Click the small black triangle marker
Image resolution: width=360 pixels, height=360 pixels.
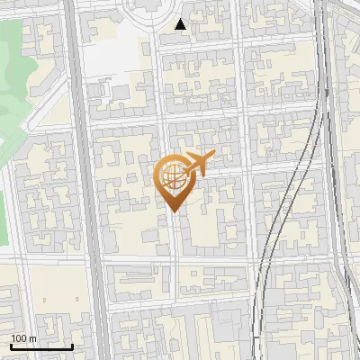pos(181,24)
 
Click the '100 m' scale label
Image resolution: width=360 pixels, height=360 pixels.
pos(23,338)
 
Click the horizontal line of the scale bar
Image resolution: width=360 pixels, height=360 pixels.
pos(41,346)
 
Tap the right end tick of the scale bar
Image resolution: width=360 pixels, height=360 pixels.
pos(72,345)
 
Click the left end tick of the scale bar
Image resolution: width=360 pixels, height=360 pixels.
pos(11,345)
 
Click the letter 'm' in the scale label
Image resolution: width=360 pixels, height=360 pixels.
pos(32,338)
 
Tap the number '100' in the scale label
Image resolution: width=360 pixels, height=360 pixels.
pos(19,338)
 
